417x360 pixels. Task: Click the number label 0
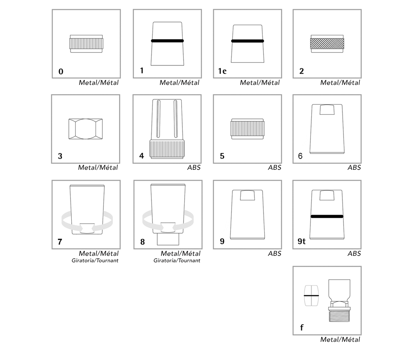[x=61, y=72]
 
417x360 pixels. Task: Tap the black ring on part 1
[x=167, y=41]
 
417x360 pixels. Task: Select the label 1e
[x=222, y=71]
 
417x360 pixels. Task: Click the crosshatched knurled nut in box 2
[x=327, y=44]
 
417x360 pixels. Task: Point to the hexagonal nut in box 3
[x=86, y=129]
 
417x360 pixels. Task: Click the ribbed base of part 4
[x=167, y=149]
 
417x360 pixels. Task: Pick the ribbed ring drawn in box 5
[x=247, y=129]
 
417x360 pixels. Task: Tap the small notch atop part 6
[x=327, y=110]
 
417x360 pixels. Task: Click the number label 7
[x=60, y=242]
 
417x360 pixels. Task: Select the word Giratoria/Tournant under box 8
[x=177, y=261]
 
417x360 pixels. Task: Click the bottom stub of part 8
[x=168, y=239]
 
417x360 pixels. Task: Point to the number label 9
[x=222, y=241]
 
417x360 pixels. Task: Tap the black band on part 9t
[x=327, y=216]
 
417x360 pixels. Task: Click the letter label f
[x=302, y=327]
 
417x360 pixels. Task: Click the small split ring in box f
[x=311, y=296]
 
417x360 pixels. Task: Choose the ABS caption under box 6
[x=354, y=167]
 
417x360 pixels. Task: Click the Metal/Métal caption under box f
[x=340, y=340]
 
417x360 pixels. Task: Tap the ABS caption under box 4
[x=194, y=167]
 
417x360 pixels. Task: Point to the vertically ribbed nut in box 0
[x=86, y=44]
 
